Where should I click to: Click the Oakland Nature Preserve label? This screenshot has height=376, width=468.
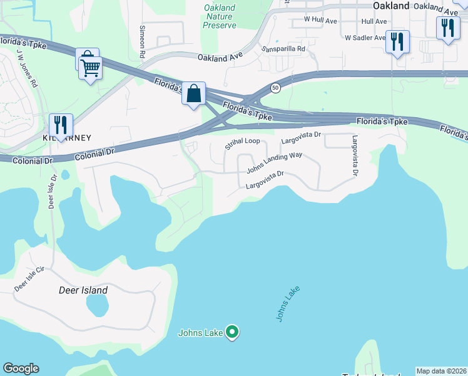point(220,17)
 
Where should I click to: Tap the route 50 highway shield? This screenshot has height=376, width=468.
point(275,88)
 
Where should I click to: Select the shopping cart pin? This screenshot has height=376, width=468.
point(91,67)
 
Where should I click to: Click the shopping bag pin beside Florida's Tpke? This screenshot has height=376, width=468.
point(194,94)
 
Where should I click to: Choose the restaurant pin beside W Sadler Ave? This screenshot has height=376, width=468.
point(397,42)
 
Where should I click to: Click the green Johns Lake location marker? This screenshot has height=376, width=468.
point(232,332)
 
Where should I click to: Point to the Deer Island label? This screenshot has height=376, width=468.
point(83,290)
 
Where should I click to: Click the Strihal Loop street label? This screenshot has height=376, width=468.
point(242,144)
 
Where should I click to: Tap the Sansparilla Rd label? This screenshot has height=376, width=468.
point(283,48)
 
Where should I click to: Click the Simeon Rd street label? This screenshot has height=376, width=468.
point(143,38)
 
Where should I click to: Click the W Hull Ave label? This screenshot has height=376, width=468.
point(320,20)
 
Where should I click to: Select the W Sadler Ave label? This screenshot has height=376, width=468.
point(365,38)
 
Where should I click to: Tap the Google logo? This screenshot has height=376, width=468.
point(21,368)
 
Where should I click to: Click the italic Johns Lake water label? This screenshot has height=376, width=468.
point(288,305)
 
